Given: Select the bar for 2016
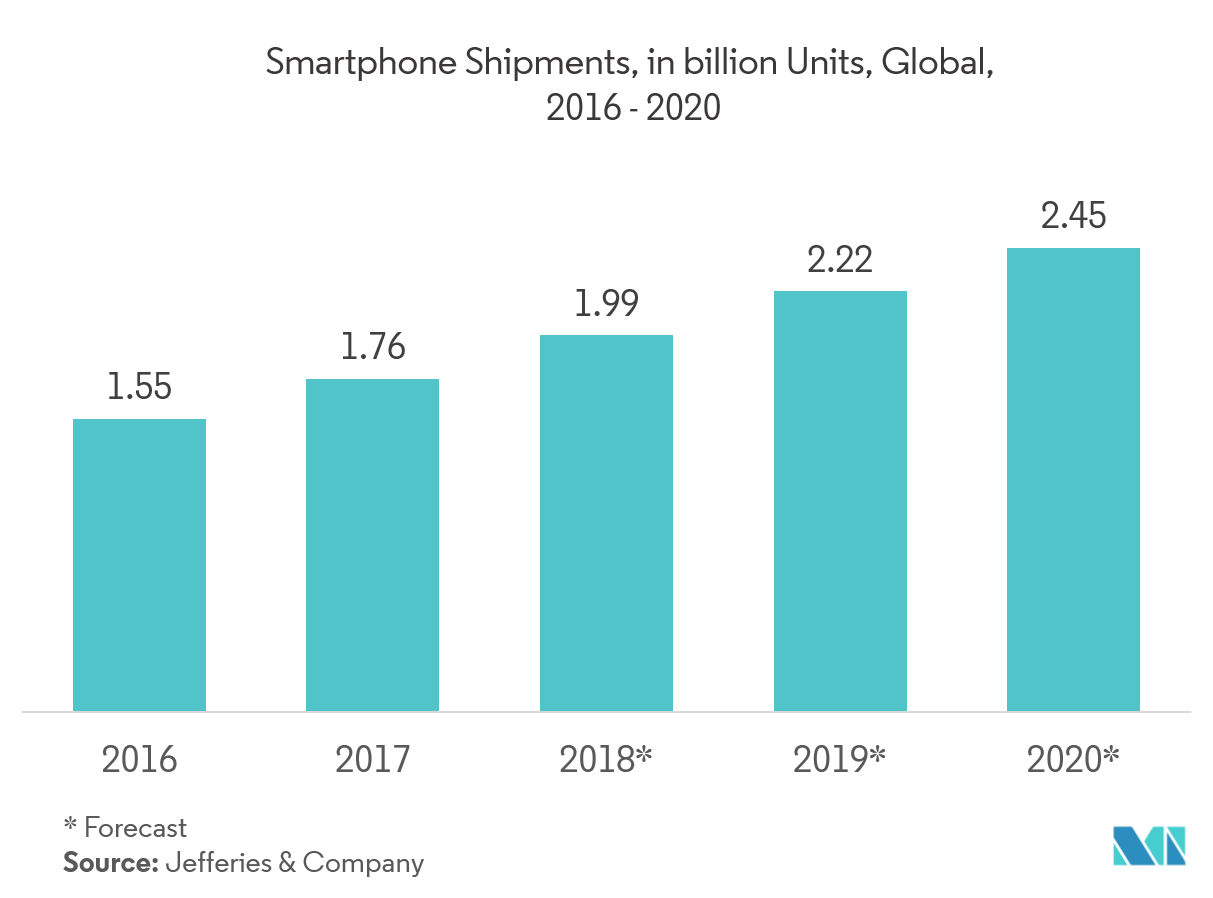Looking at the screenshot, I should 139,565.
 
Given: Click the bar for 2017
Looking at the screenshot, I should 372,545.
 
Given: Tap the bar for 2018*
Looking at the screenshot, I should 606,523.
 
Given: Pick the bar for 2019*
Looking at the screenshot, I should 840,501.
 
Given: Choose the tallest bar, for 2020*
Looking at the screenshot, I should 1073,480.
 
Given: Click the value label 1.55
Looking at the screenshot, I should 139,388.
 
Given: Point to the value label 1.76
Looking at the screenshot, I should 372,347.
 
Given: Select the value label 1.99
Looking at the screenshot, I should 606,303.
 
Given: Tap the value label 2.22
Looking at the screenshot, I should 840,259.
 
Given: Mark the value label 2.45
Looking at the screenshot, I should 1073,216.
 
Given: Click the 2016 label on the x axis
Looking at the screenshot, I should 139,760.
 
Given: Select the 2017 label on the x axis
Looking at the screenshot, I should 372,760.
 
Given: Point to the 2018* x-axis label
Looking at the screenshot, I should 606,760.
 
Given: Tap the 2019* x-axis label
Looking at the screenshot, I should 840,760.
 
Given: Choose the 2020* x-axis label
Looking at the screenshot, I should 1073,760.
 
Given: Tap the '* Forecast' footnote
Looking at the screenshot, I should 125,827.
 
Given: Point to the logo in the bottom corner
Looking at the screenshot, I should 1149,845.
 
